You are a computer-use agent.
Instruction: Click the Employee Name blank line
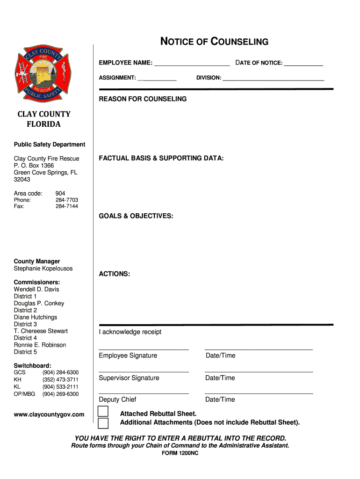pos(192,65)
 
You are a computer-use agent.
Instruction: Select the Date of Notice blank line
pos(303,65)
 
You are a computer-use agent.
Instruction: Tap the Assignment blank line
pos(157,80)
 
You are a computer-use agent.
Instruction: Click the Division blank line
pos(273,80)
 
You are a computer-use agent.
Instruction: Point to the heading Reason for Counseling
pos(143,99)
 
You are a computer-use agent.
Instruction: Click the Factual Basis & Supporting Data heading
pos(161,158)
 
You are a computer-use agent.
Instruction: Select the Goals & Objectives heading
pos(136,216)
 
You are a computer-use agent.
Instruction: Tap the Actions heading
pos(115,274)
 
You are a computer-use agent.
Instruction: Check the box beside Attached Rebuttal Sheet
pos(103,412)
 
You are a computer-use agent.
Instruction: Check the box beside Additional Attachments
pos(103,423)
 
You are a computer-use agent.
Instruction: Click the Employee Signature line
pos(144,349)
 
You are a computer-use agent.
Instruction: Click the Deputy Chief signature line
pos(144,393)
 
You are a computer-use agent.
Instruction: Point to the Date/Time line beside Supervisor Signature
pos(259,371)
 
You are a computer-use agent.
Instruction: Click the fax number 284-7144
pos(67,206)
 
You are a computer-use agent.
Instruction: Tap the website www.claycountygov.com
pos(49,414)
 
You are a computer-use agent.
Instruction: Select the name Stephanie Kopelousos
pos(43,269)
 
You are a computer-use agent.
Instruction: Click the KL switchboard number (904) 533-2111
pos(60,387)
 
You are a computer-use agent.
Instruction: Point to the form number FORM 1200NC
pos(180,453)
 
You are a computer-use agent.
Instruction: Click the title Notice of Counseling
pos(215,42)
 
